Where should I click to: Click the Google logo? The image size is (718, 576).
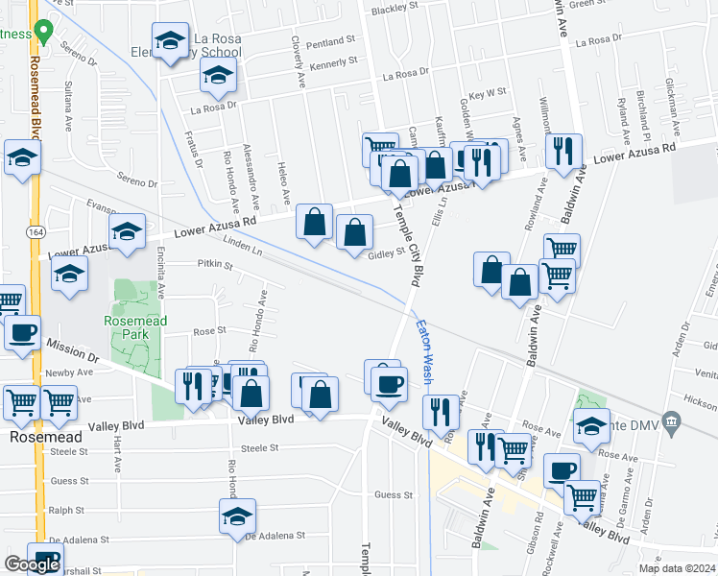31,564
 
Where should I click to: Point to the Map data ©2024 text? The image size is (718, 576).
677,568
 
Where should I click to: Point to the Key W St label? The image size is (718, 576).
489,92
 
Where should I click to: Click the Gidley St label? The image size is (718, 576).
388,253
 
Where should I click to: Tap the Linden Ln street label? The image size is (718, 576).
243,250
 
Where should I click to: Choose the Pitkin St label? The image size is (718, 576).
215,263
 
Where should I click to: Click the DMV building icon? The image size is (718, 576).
672,421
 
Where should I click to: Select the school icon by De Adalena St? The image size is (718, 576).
237,516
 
